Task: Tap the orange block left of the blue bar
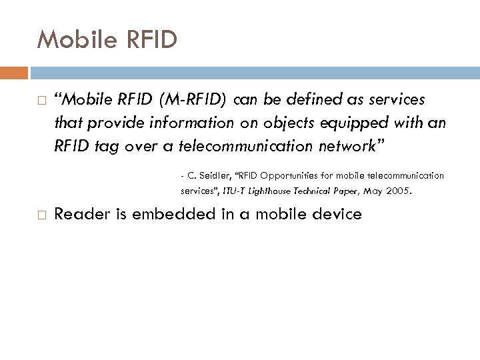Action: pos(13,73)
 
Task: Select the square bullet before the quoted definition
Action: pos(41,101)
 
